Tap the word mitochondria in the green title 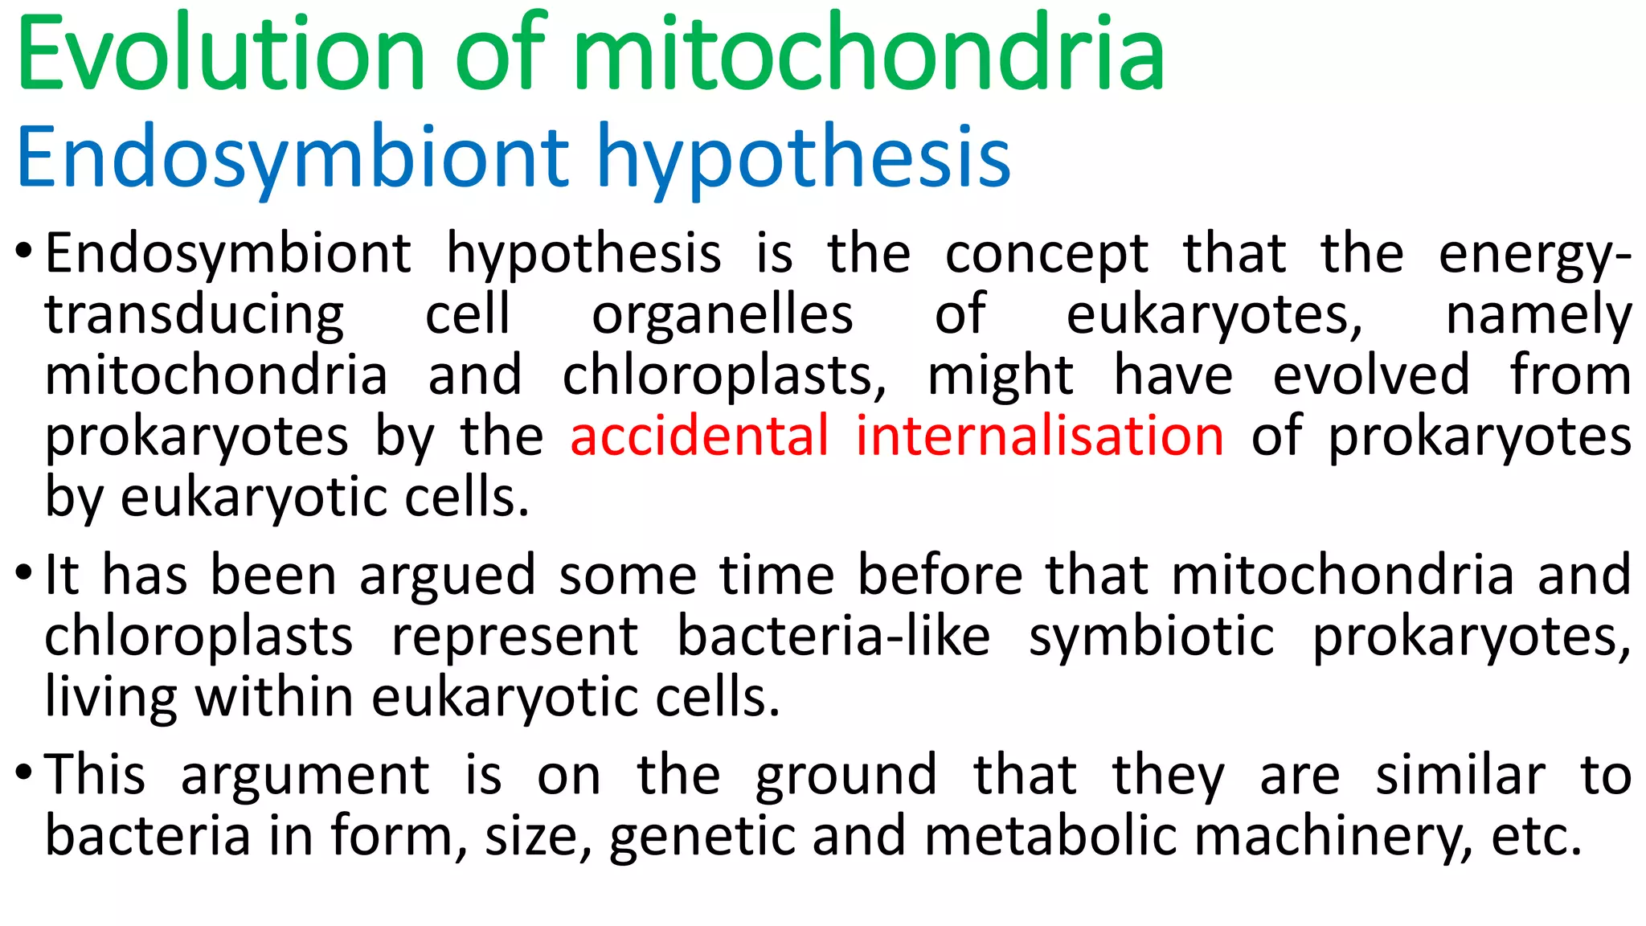click(869, 55)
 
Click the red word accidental click(699, 436)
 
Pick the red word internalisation click(1039, 436)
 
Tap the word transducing click(194, 315)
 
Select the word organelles click(722, 315)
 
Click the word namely click(1538, 315)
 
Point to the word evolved click(1371, 375)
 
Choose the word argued click(447, 576)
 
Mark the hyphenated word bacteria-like click(833, 637)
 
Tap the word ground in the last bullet click(846, 776)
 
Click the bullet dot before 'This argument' click(24, 773)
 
